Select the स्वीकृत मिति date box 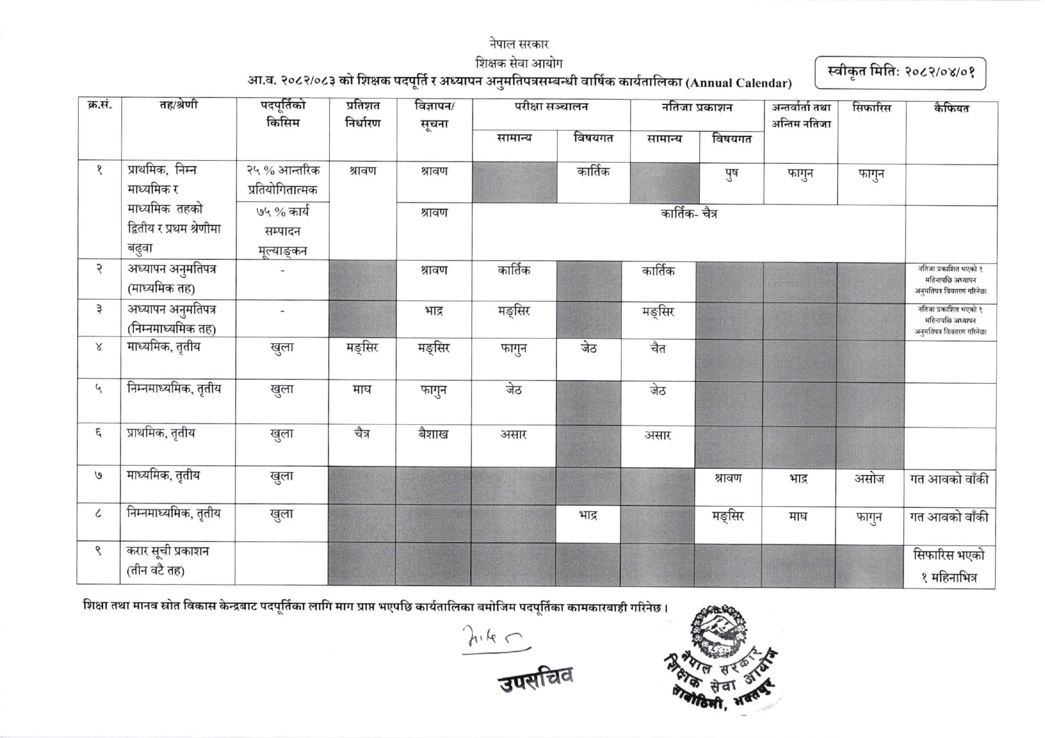pyautogui.click(x=900, y=73)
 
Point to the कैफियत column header pyautogui.click(x=951, y=109)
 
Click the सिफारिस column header pyautogui.click(x=871, y=108)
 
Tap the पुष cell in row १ pyautogui.click(x=731, y=174)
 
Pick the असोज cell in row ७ pyautogui.click(x=869, y=479)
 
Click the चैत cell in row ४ pyautogui.click(x=658, y=348)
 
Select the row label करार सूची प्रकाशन pyautogui.click(x=167, y=561)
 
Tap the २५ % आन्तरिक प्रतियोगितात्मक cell pyautogui.click(x=283, y=180)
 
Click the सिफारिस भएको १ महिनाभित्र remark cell pyautogui.click(x=949, y=567)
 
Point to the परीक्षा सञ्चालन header pyautogui.click(x=551, y=107)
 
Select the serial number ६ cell pyautogui.click(x=98, y=434)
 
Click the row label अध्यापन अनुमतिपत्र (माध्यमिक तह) pyautogui.click(x=171, y=279)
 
